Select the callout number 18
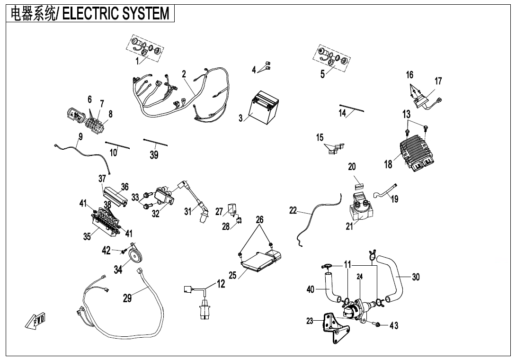(388, 164)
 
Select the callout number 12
(221, 284)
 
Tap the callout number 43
(394, 325)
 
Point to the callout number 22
(293, 211)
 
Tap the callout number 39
(154, 155)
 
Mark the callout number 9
(80, 136)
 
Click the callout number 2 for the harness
(184, 74)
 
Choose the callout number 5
(322, 74)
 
